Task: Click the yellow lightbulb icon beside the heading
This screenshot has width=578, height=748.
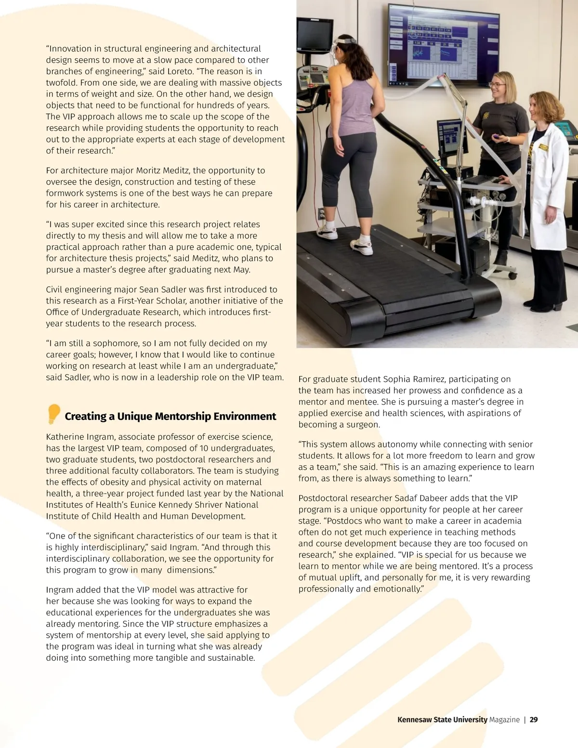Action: pos(53,414)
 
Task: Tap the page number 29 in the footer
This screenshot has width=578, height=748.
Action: pos(534,720)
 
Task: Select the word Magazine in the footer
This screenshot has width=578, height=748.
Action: pos(504,720)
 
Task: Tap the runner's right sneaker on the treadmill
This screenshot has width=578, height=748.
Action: pos(361,246)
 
